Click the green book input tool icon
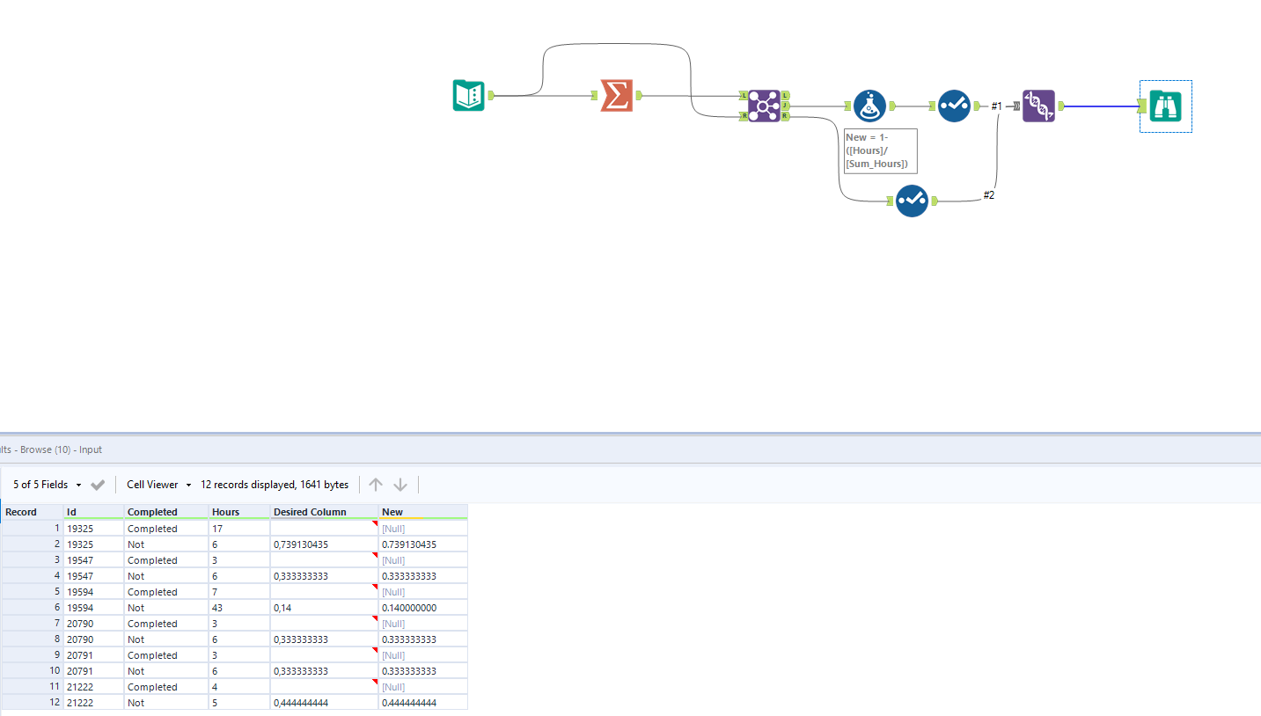click(x=468, y=95)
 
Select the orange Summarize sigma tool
click(x=616, y=95)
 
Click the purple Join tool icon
click(x=763, y=106)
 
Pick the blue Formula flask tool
click(x=869, y=106)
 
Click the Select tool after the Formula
click(x=954, y=106)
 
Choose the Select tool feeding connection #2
click(x=912, y=201)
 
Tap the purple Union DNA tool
click(x=1038, y=106)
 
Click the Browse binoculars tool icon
click(x=1165, y=106)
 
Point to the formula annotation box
click(x=880, y=151)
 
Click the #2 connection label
click(x=989, y=195)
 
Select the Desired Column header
click(x=310, y=512)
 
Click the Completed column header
click(x=152, y=512)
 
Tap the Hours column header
click(x=225, y=512)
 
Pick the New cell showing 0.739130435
click(x=408, y=544)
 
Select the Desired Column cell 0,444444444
click(x=301, y=703)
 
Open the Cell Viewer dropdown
click(x=158, y=485)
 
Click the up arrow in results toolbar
click(x=376, y=485)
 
